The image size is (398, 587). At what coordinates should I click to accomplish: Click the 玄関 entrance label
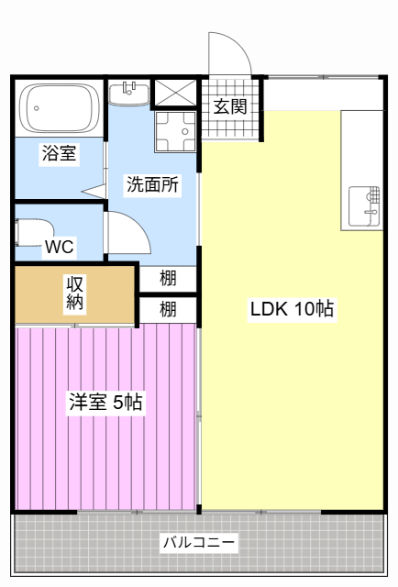[230, 106]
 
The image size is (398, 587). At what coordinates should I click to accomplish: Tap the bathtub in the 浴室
[60, 108]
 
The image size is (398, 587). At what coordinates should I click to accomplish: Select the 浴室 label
[60, 153]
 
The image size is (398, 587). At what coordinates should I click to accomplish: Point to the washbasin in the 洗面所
[129, 94]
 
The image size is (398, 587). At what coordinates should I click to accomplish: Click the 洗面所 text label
[152, 183]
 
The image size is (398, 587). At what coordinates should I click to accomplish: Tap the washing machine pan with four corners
[175, 132]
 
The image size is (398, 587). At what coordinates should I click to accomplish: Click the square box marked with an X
[175, 93]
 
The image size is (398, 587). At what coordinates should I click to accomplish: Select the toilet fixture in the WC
[34, 232]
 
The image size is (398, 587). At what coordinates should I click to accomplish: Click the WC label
[60, 247]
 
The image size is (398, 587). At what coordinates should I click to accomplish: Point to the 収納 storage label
[75, 293]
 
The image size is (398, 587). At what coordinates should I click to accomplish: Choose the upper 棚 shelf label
[168, 279]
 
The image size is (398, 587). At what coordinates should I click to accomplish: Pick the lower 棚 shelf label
[168, 309]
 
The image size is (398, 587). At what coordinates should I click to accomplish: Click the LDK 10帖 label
[292, 309]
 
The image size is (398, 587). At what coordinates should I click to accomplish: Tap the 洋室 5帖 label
[105, 402]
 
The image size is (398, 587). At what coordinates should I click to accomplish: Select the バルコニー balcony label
[199, 542]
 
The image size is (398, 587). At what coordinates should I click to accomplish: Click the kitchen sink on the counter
[364, 206]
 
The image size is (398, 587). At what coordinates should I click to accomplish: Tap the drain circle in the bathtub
[37, 108]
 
